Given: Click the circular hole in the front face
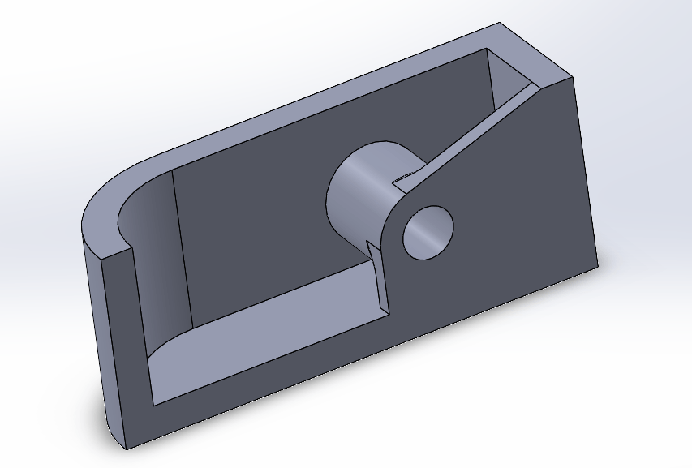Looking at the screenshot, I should coord(428,232).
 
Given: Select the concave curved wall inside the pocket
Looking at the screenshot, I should coord(154,243).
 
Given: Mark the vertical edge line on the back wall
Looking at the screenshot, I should coord(182,243).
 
